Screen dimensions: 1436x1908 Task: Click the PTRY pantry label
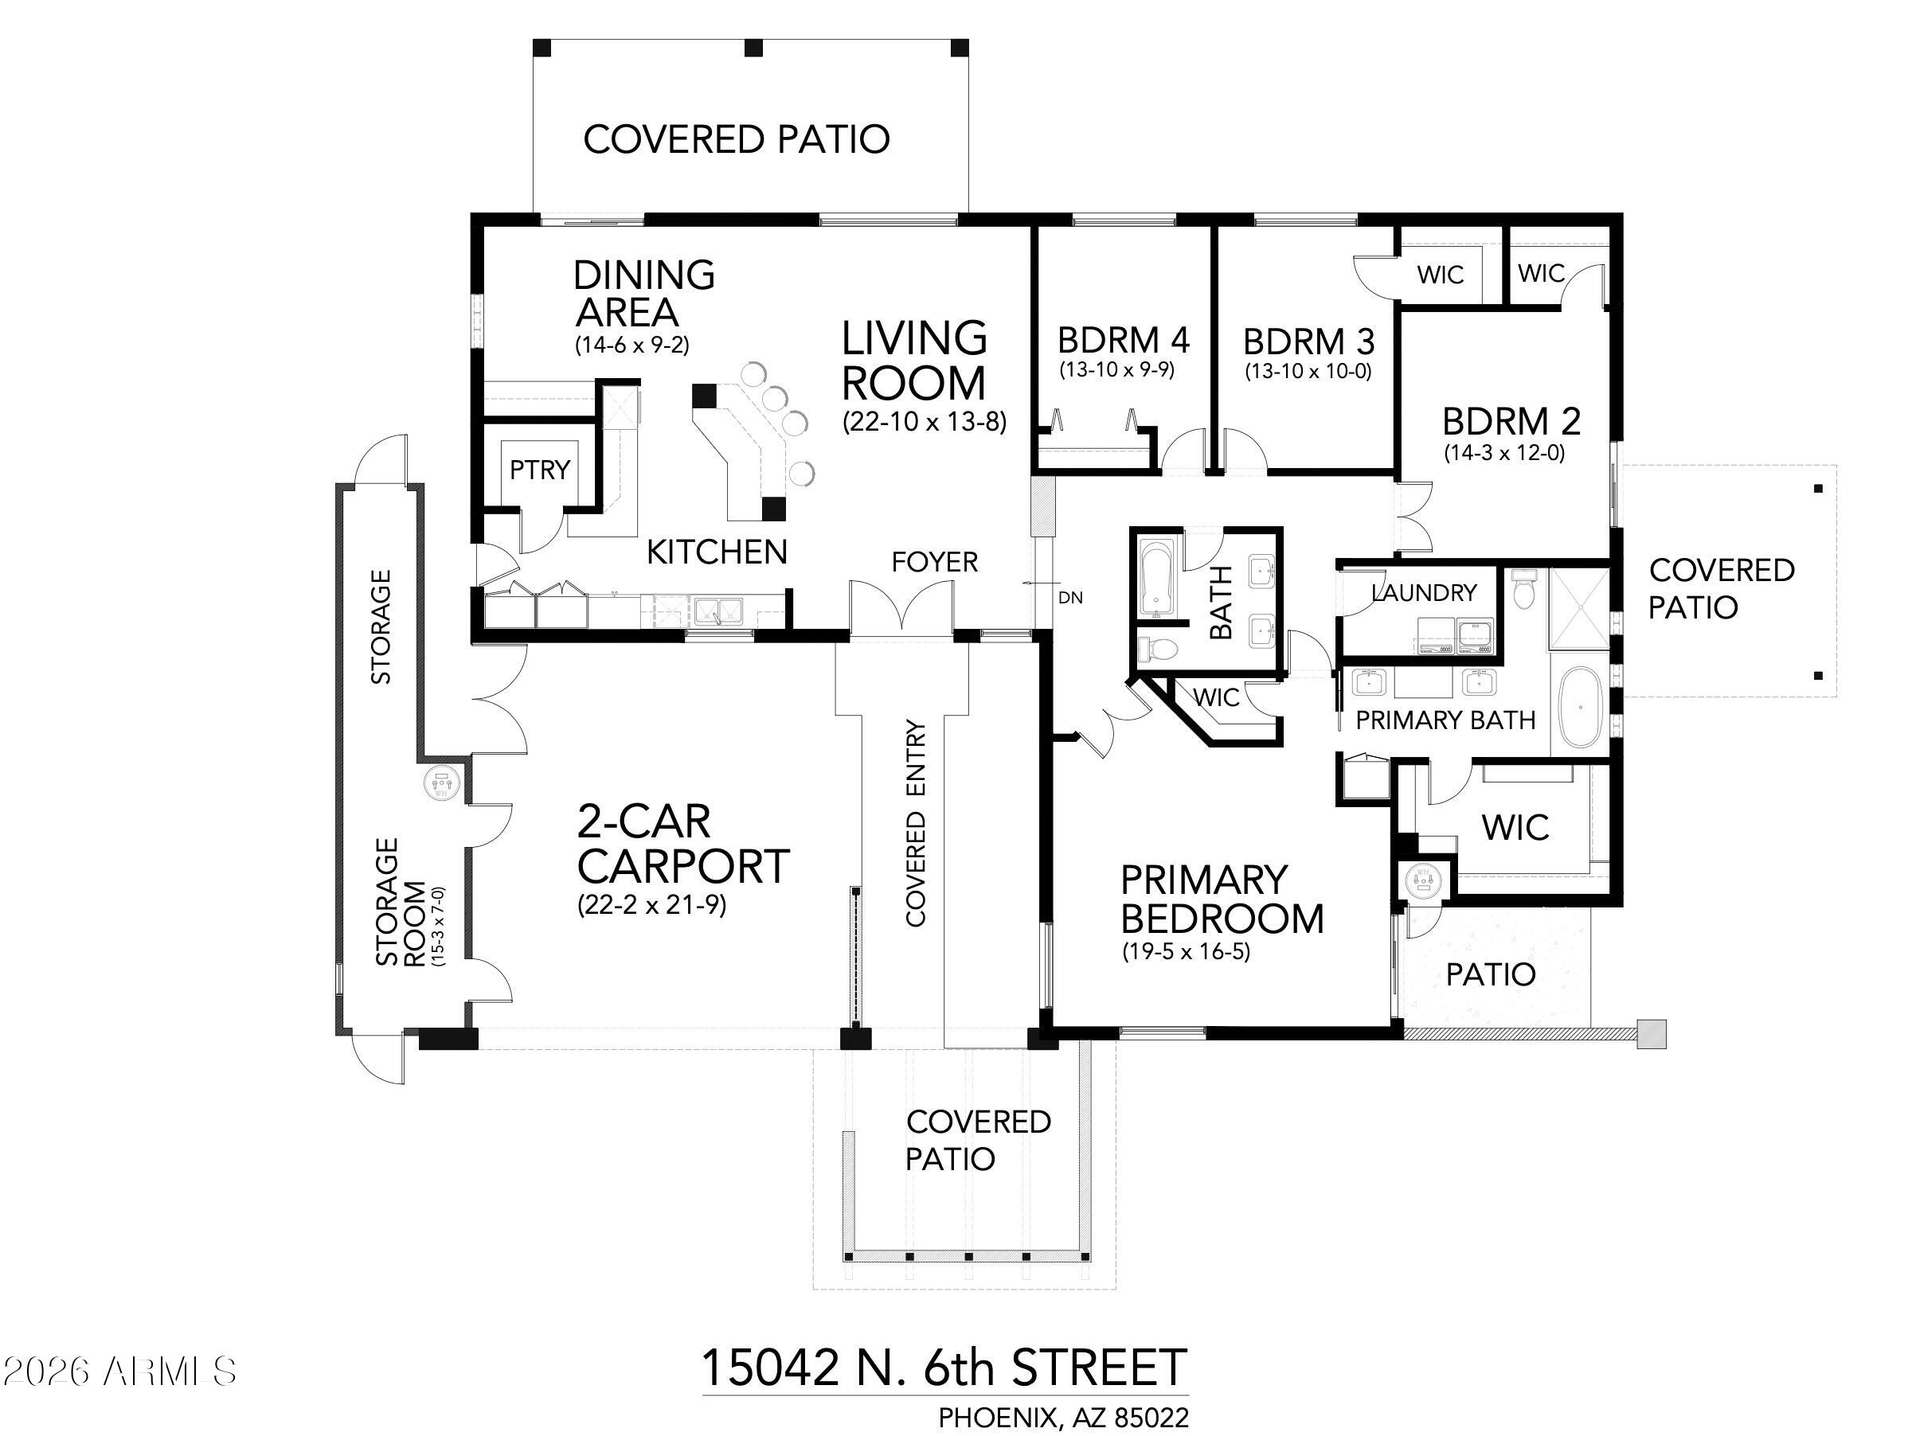point(540,470)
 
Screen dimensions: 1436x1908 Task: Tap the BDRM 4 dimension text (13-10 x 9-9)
point(1117,370)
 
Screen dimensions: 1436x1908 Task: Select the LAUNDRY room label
point(1424,592)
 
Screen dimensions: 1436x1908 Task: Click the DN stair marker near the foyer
point(1069,598)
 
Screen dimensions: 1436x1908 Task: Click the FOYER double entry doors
point(902,607)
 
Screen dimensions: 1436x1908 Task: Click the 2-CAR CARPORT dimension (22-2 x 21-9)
point(651,905)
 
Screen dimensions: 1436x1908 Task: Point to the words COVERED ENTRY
point(915,823)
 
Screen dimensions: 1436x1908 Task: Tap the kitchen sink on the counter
point(720,610)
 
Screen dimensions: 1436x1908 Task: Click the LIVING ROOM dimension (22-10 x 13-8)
point(925,422)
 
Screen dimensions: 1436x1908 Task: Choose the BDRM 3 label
point(1308,341)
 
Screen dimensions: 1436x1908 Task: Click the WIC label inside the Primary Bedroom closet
point(1515,827)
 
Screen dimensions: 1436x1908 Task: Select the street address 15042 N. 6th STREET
point(944,1367)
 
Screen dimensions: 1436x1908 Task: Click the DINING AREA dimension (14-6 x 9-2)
point(632,345)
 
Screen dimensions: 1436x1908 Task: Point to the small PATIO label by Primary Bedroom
point(1491,974)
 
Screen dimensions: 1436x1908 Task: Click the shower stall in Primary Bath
point(1579,608)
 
